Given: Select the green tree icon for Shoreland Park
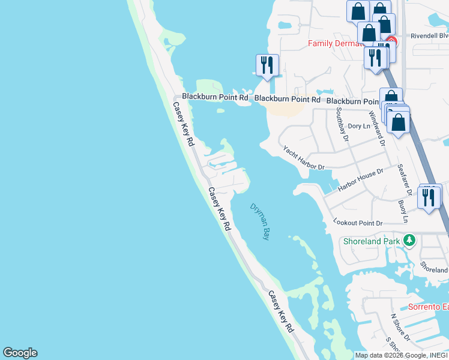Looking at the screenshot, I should pos(409,240).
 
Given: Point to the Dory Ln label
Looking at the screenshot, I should pos(359,126).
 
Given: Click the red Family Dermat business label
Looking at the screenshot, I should pos(336,43).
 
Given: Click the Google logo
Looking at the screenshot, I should pos(20,353).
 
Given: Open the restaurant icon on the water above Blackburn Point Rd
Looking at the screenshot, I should pos(267,65).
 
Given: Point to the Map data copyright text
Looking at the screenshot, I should pos(402,355).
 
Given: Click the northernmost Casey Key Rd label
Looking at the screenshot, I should pos(184,124).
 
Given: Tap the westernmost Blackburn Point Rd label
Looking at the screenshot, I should pos(215,97).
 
